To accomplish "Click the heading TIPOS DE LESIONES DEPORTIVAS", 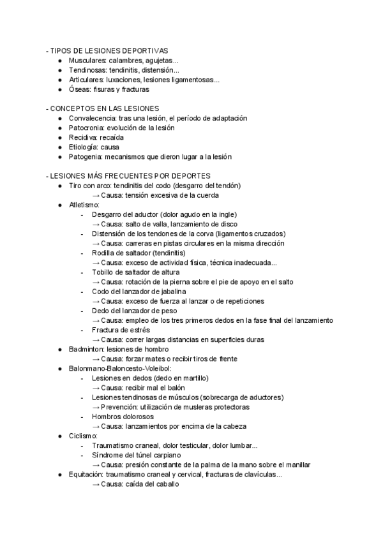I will pos(109,51).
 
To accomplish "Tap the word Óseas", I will pos(79,89).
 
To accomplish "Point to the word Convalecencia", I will pos(92,118).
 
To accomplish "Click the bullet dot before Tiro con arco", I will pos(60,186).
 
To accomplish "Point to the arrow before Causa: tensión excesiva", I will pos(96,195).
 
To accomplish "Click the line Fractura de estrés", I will pos(121,330).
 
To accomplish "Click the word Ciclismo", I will pos(83,436).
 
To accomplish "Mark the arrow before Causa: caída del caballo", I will pos(96,484).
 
